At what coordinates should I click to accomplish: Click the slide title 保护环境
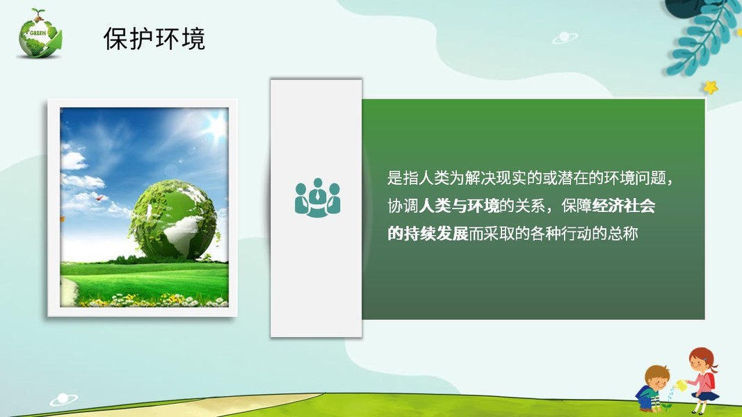(154, 39)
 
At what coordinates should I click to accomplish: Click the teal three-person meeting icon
(318, 197)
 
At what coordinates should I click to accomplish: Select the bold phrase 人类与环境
(459, 206)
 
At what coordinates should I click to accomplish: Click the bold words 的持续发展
(428, 234)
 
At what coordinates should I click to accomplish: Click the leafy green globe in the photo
(173, 220)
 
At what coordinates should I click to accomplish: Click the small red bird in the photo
(99, 198)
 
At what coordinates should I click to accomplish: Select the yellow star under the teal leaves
(710, 87)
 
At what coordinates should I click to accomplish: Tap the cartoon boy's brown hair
(657, 374)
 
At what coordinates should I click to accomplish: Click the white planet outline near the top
(565, 38)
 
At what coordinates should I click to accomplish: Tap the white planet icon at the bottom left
(64, 400)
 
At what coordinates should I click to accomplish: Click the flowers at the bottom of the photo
(152, 300)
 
